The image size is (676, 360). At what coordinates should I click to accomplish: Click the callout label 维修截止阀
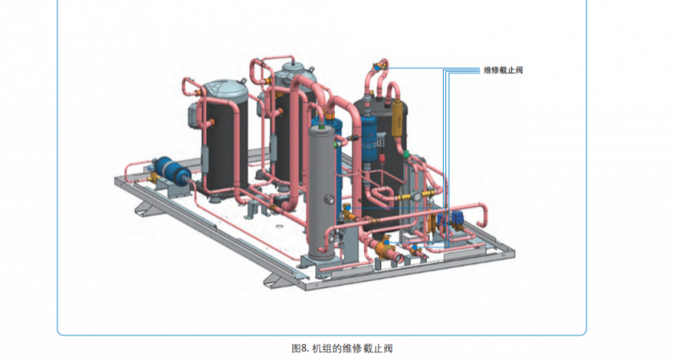[x=504, y=69]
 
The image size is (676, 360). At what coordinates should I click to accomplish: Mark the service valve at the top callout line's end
[x=383, y=64]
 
